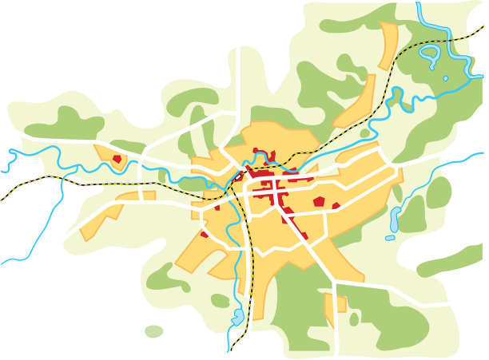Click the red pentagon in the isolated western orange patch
pos(117,159)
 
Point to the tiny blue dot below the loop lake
pos(445,78)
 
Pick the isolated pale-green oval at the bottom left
pos(153,330)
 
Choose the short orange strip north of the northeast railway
pos(388,45)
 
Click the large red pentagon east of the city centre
pos(319,201)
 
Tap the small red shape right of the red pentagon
pos(336,206)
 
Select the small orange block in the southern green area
pos(335,304)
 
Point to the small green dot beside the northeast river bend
pos(365,133)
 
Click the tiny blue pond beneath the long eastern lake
pos(390,237)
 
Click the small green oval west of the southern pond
pos(220,300)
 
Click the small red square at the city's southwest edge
pos(205,234)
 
